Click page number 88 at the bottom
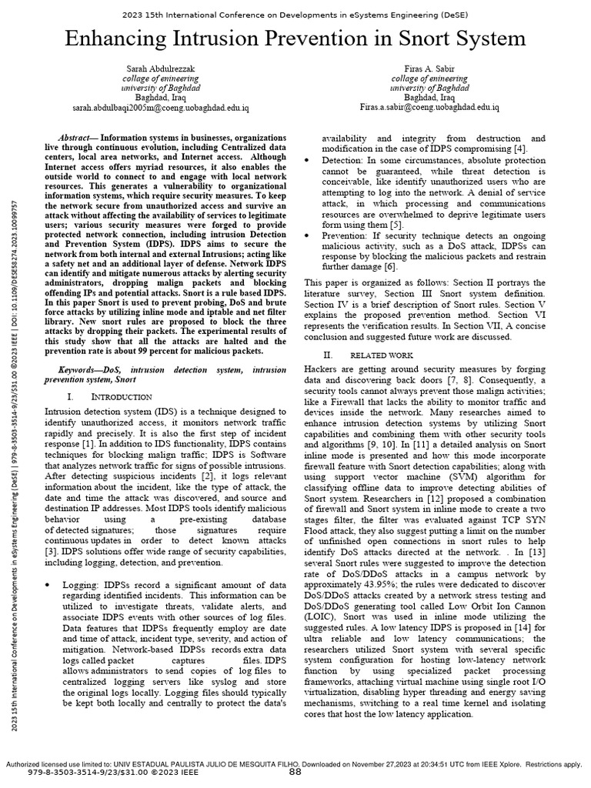(x=295, y=772)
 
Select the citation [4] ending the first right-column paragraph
(x=520, y=148)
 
